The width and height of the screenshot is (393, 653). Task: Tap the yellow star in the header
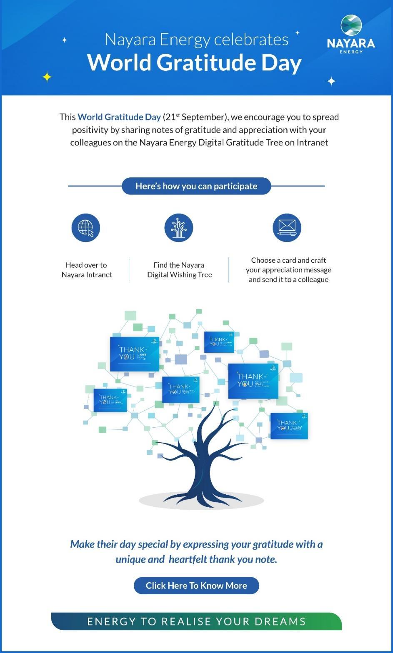point(47,77)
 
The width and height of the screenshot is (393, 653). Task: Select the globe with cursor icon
point(86,228)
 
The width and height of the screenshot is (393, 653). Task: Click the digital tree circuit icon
point(179,228)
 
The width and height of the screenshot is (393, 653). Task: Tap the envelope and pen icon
point(287,228)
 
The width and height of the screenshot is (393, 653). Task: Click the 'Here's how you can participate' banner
point(196,186)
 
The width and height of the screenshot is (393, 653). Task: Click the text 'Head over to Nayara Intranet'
point(87,270)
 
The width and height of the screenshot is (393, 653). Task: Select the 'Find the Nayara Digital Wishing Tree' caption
point(179,270)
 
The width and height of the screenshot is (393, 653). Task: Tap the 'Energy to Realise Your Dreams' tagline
point(196,621)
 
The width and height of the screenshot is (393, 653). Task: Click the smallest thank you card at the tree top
point(219,342)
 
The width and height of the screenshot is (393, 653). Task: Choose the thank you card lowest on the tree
point(289,426)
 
